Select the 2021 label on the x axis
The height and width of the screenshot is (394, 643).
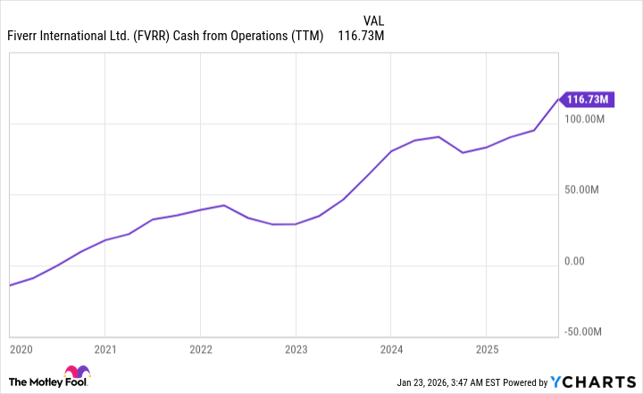tap(105, 348)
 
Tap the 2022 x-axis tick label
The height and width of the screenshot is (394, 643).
tap(201, 348)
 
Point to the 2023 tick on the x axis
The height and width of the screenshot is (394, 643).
tap(296, 348)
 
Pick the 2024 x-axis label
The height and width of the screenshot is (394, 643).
tap(391, 348)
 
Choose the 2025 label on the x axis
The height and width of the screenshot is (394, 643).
tap(486, 348)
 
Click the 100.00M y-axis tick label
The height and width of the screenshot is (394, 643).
tap(586, 119)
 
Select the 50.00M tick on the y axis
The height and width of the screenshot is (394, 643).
tap(589, 190)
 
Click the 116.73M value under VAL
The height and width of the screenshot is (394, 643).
tap(361, 36)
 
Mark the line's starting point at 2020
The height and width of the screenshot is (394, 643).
tap(10, 285)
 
